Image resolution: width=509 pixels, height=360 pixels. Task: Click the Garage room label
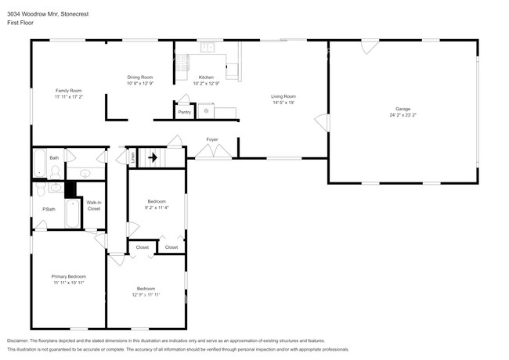[403, 109]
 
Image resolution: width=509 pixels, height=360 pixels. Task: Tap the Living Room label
[283, 96]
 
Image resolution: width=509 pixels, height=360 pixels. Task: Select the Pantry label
[184, 112]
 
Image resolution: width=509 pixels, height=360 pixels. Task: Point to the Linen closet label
[133, 157]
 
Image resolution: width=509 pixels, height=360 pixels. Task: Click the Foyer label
[211, 139]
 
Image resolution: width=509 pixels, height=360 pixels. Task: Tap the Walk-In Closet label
[93, 207]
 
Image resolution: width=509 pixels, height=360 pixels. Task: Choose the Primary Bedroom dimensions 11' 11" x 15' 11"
[68, 282]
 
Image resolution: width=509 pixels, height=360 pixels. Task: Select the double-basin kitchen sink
[208, 48]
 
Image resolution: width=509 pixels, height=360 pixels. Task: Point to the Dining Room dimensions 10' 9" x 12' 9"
[140, 82]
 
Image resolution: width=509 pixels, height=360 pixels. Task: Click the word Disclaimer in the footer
[17, 340]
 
